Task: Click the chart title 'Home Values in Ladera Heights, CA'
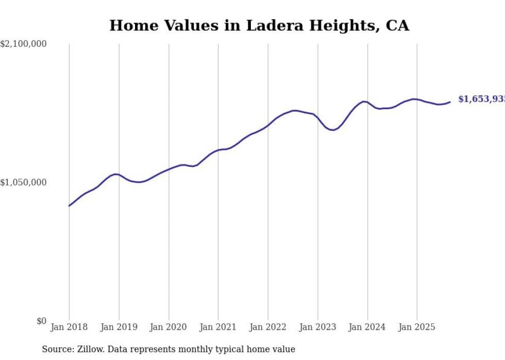pos(259,26)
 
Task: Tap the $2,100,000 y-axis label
pos(24,44)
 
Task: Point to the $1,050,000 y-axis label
pos(24,182)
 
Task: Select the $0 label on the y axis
pos(41,321)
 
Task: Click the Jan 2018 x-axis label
pos(69,327)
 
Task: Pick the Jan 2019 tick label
pos(119,327)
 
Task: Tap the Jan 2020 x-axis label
pos(169,327)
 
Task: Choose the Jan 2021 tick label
pos(218,327)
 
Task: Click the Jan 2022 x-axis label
pos(268,327)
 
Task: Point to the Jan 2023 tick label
pos(317,327)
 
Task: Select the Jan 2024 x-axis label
pos(367,327)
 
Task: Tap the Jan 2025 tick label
pos(417,327)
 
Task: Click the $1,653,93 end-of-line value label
pos(481,99)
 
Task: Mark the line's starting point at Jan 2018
pos(70,205)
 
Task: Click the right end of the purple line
pos(450,102)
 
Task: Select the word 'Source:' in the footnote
pos(57,349)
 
